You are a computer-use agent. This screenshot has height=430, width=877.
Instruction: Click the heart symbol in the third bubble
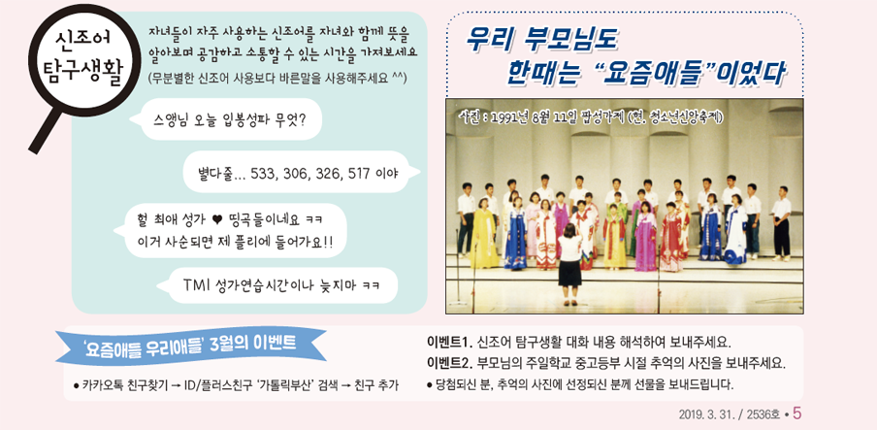(216, 219)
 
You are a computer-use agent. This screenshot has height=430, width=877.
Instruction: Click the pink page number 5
(796, 413)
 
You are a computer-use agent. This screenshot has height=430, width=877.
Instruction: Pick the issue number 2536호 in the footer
(760, 414)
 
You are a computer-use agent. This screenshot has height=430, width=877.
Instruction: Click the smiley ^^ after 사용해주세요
(399, 77)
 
